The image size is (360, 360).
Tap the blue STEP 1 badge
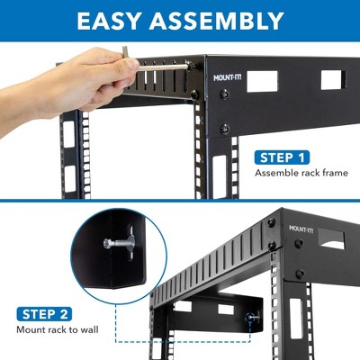click(283, 157)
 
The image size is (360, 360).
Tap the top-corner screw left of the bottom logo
click(271, 223)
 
